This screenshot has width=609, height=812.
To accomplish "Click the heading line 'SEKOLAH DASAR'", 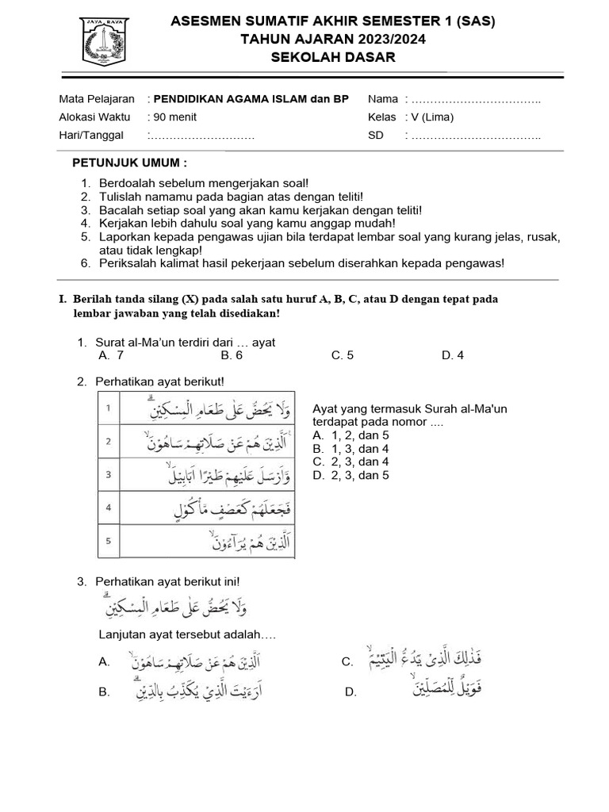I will tap(333, 57).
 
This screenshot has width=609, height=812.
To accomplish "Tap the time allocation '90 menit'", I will tap(175, 117).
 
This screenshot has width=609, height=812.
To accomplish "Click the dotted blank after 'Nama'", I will tap(477, 99).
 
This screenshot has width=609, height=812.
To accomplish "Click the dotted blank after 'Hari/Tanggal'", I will tap(203, 136).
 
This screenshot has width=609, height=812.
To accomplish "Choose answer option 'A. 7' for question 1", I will tap(111, 355).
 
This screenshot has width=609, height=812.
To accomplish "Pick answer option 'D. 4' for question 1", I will tap(453, 355).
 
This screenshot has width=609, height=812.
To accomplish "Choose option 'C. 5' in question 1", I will tap(343, 355).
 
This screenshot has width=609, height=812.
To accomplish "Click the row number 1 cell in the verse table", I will tap(108, 408).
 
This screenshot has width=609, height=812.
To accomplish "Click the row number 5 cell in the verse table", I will tap(108, 542).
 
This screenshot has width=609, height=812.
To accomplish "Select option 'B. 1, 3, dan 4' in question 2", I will tap(350, 448).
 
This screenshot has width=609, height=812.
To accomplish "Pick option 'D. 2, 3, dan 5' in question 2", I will tap(350, 475).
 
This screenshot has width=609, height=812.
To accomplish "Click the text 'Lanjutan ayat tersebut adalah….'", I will tap(186, 635).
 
